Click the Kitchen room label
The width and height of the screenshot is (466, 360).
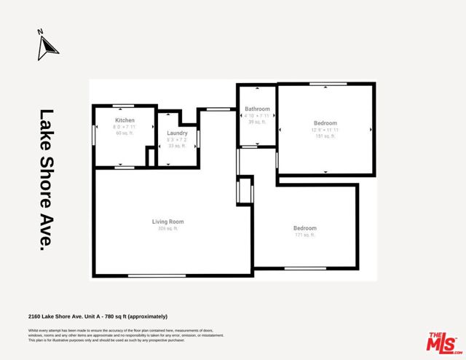(125, 120)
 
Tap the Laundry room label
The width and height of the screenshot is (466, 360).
(178, 133)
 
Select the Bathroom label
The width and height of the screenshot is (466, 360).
(257, 109)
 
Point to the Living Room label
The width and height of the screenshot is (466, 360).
(167, 222)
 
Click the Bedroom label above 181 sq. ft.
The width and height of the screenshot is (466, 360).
(325, 123)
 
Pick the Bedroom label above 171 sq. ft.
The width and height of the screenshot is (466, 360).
(305, 228)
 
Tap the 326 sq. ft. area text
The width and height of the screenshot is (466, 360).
(167, 229)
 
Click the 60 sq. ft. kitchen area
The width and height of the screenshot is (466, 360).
(125, 134)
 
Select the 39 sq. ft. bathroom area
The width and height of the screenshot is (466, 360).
(257, 122)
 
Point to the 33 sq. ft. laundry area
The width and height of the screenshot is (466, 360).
(178, 146)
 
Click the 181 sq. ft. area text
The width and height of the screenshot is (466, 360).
(325, 136)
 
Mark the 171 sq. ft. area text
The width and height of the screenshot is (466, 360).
(305, 235)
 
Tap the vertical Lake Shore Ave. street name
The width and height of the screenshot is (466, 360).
(47, 180)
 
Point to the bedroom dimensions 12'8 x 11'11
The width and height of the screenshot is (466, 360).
(325, 130)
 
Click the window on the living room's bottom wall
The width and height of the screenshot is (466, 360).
(151, 275)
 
